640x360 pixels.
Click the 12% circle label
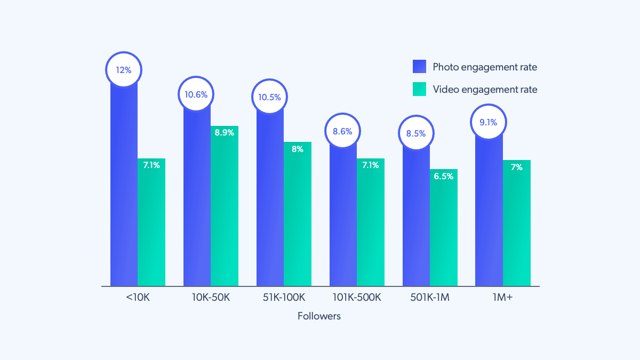pyautogui.click(x=124, y=69)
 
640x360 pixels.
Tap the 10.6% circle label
pyautogui.click(x=196, y=94)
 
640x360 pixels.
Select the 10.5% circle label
pyautogui.click(x=270, y=97)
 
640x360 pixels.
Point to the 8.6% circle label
pyautogui.click(x=342, y=131)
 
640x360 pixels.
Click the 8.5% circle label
pyautogui.click(x=415, y=133)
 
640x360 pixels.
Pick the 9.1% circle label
pyautogui.click(x=489, y=122)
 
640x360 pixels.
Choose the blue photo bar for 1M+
pyautogui.click(x=489, y=213)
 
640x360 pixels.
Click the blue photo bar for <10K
pyautogui.click(x=124, y=187)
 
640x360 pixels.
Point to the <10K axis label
pyautogui.click(x=138, y=298)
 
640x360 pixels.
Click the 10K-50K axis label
pyautogui.click(x=211, y=298)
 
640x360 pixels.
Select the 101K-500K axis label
pyautogui.click(x=356, y=298)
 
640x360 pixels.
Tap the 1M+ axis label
pyautogui.click(x=502, y=298)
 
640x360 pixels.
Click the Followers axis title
pyautogui.click(x=319, y=316)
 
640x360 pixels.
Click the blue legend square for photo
pyautogui.click(x=420, y=67)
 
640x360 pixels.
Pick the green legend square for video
pyautogui.click(x=420, y=89)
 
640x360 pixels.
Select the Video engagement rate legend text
pyautogui.click(x=485, y=89)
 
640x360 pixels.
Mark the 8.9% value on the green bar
pyautogui.click(x=225, y=133)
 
